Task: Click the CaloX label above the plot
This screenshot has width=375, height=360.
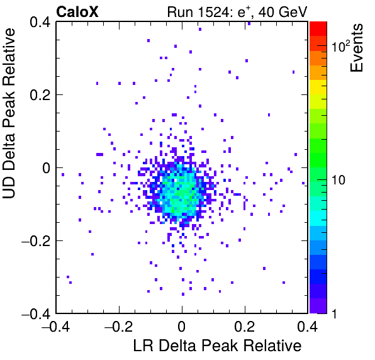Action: (x=77, y=12)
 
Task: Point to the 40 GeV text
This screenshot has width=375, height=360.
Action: (x=283, y=12)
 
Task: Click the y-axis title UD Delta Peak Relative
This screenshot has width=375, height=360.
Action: (x=9, y=113)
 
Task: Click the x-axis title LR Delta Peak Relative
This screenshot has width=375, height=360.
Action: (x=217, y=346)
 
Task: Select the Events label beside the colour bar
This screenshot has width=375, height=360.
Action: (x=356, y=48)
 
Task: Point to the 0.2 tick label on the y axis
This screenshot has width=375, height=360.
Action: (x=40, y=95)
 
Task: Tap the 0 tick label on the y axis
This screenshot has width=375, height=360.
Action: (x=46, y=168)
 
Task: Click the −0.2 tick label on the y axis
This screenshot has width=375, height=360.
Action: (x=36, y=241)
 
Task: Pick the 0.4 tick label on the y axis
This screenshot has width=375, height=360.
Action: (x=40, y=22)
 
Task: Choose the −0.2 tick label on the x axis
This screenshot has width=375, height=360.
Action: (x=119, y=326)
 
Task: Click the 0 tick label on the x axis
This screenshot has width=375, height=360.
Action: (x=182, y=326)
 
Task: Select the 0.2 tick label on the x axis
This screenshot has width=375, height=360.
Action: (x=244, y=326)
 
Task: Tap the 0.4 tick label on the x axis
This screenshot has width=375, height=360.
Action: (x=308, y=326)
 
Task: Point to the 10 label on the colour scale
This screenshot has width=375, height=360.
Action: (x=338, y=179)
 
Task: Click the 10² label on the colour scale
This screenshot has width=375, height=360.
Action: (x=340, y=45)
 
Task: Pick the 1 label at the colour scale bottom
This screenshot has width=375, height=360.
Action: (x=334, y=313)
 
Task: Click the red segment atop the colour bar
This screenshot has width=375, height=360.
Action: (x=318, y=29)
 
